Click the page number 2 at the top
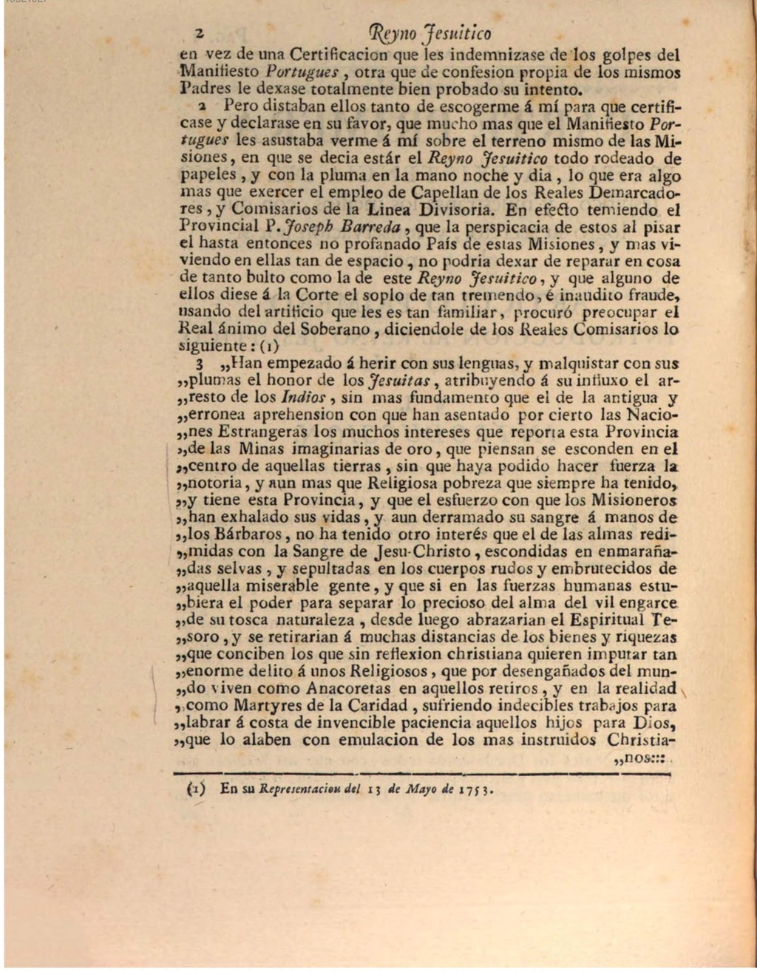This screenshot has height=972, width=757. [198, 33]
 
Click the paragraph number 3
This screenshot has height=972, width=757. [189, 364]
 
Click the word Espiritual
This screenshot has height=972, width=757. [619, 619]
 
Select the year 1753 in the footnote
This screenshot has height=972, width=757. [474, 789]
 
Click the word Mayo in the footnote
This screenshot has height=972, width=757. [420, 788]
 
